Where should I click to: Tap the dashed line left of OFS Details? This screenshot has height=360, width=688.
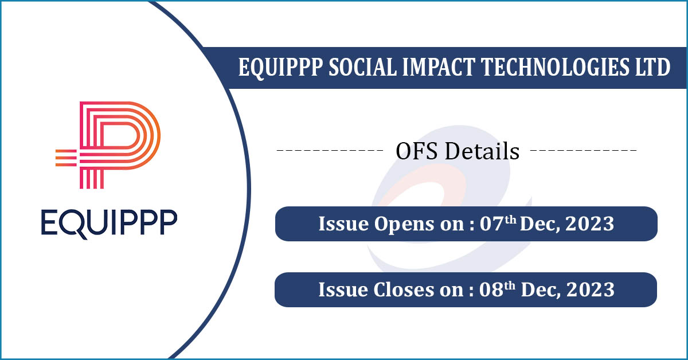coord(330,152)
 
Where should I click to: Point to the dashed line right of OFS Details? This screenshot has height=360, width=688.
coord(583,152)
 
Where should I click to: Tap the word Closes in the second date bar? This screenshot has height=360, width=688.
coord(406,289)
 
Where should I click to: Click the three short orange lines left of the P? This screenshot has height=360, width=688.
coord(65,157)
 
